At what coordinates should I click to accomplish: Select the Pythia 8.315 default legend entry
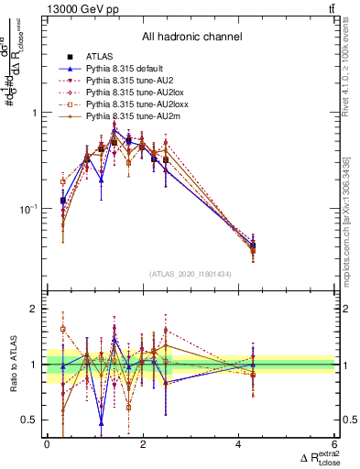coord(122,69)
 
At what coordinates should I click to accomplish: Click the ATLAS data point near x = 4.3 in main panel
coord(253,245)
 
